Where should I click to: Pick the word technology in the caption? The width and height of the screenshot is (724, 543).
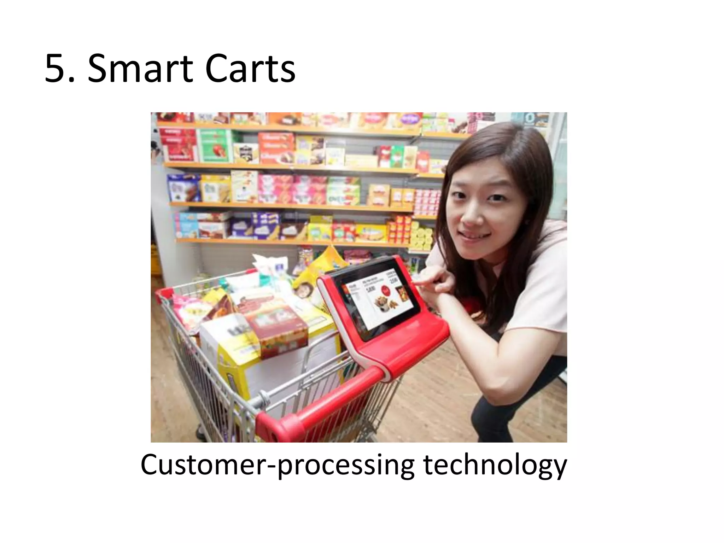tap(495, 466)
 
